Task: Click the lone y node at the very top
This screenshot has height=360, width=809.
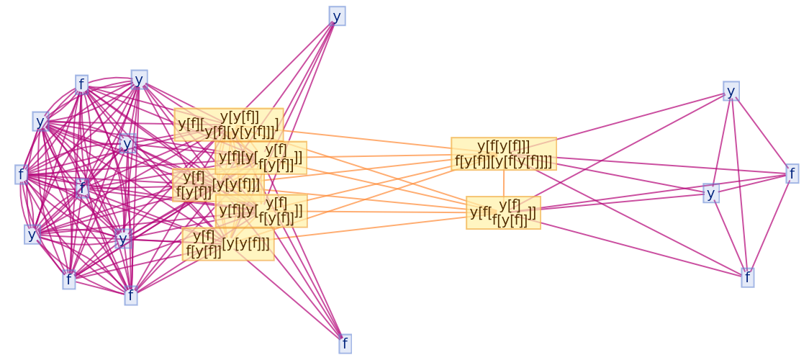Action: (337, 16)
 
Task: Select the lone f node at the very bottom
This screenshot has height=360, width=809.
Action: (345, 343)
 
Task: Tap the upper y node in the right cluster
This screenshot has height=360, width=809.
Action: (731, 91)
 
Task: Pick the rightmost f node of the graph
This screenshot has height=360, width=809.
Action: (792, 174)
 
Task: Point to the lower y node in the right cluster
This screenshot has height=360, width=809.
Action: (711, 193)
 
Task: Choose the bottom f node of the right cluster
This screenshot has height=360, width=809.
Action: (747, 277)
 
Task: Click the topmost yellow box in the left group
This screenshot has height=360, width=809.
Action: (228, 124)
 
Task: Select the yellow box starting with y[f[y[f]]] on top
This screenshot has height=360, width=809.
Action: (504, 154)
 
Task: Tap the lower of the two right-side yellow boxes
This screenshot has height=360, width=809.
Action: (503, 212)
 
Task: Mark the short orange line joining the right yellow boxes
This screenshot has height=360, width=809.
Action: (504, 184)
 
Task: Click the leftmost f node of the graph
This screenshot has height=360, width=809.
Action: (22, 174)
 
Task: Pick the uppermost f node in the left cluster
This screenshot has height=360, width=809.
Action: (81, 84)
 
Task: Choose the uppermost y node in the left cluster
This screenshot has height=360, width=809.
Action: (139, 79)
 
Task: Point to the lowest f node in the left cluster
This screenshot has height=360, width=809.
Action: (130, 295)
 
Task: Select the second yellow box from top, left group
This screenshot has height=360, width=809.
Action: (261, 158)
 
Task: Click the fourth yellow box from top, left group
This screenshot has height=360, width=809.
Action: (261, 210)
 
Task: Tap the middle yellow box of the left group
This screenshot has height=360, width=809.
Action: (218, 184)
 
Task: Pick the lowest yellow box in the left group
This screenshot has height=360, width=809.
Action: (227, 243)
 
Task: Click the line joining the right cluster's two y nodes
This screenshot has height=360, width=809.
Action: (721, 142)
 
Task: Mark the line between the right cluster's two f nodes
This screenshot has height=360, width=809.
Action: (769, 225)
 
